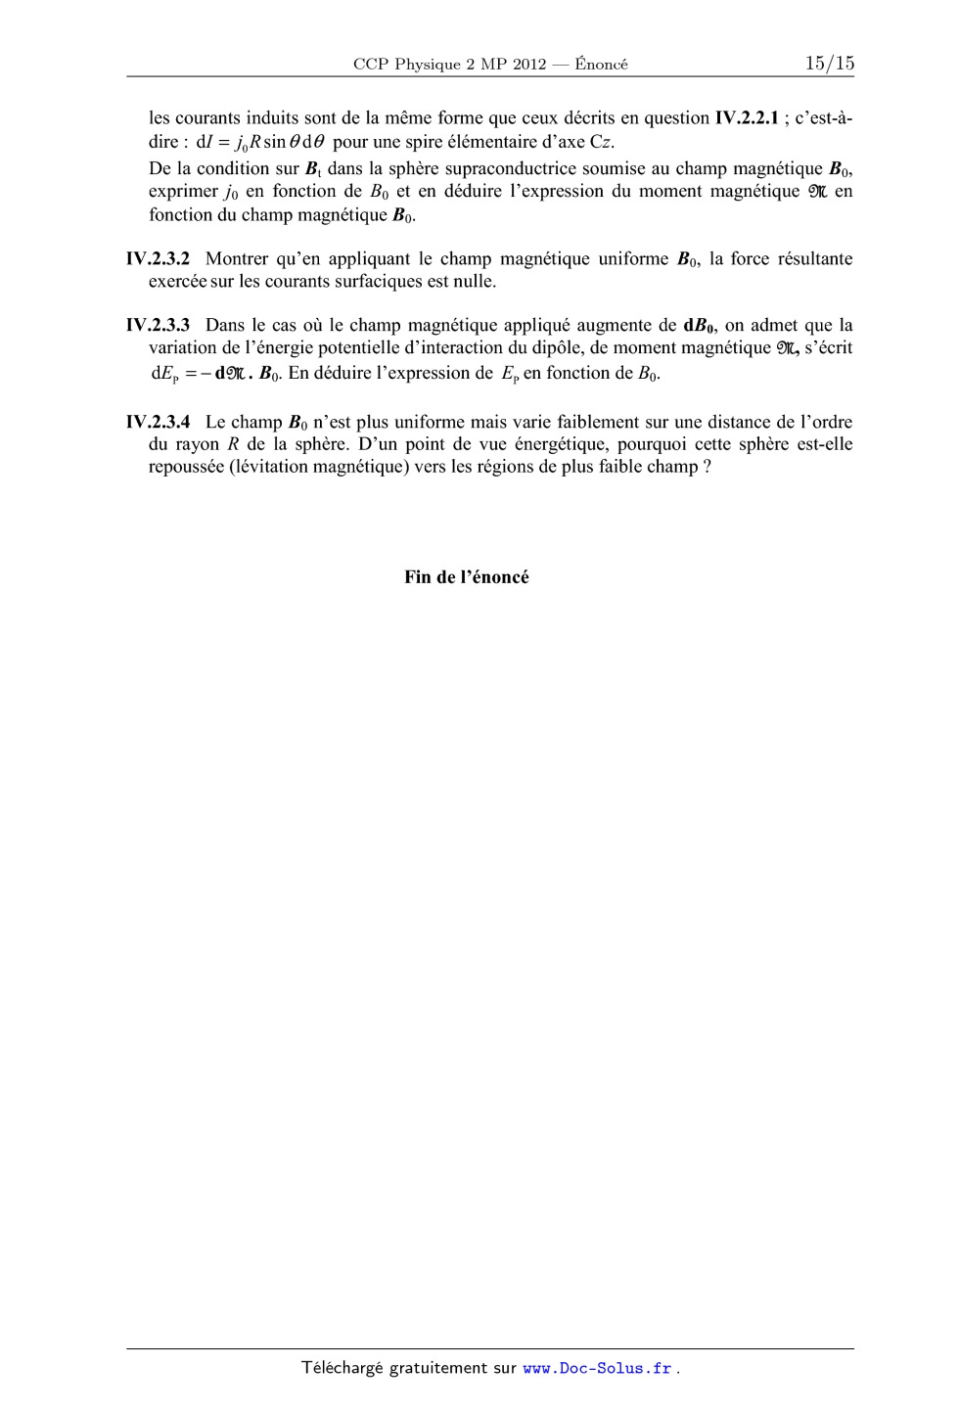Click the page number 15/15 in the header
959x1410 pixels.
point(829,64)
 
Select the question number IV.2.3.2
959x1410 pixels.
point(159,259)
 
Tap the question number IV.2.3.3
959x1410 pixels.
point(159,325)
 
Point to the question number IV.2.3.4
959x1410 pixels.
point(159,423)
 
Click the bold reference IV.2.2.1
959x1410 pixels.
point(747,118)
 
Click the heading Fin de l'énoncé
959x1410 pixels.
point(467,577)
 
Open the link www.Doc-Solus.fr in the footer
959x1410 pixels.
point(598,1369)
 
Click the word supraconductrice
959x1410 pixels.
point(511,168)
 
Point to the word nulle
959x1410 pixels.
point(474,282)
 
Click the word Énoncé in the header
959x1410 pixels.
point(602,65)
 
